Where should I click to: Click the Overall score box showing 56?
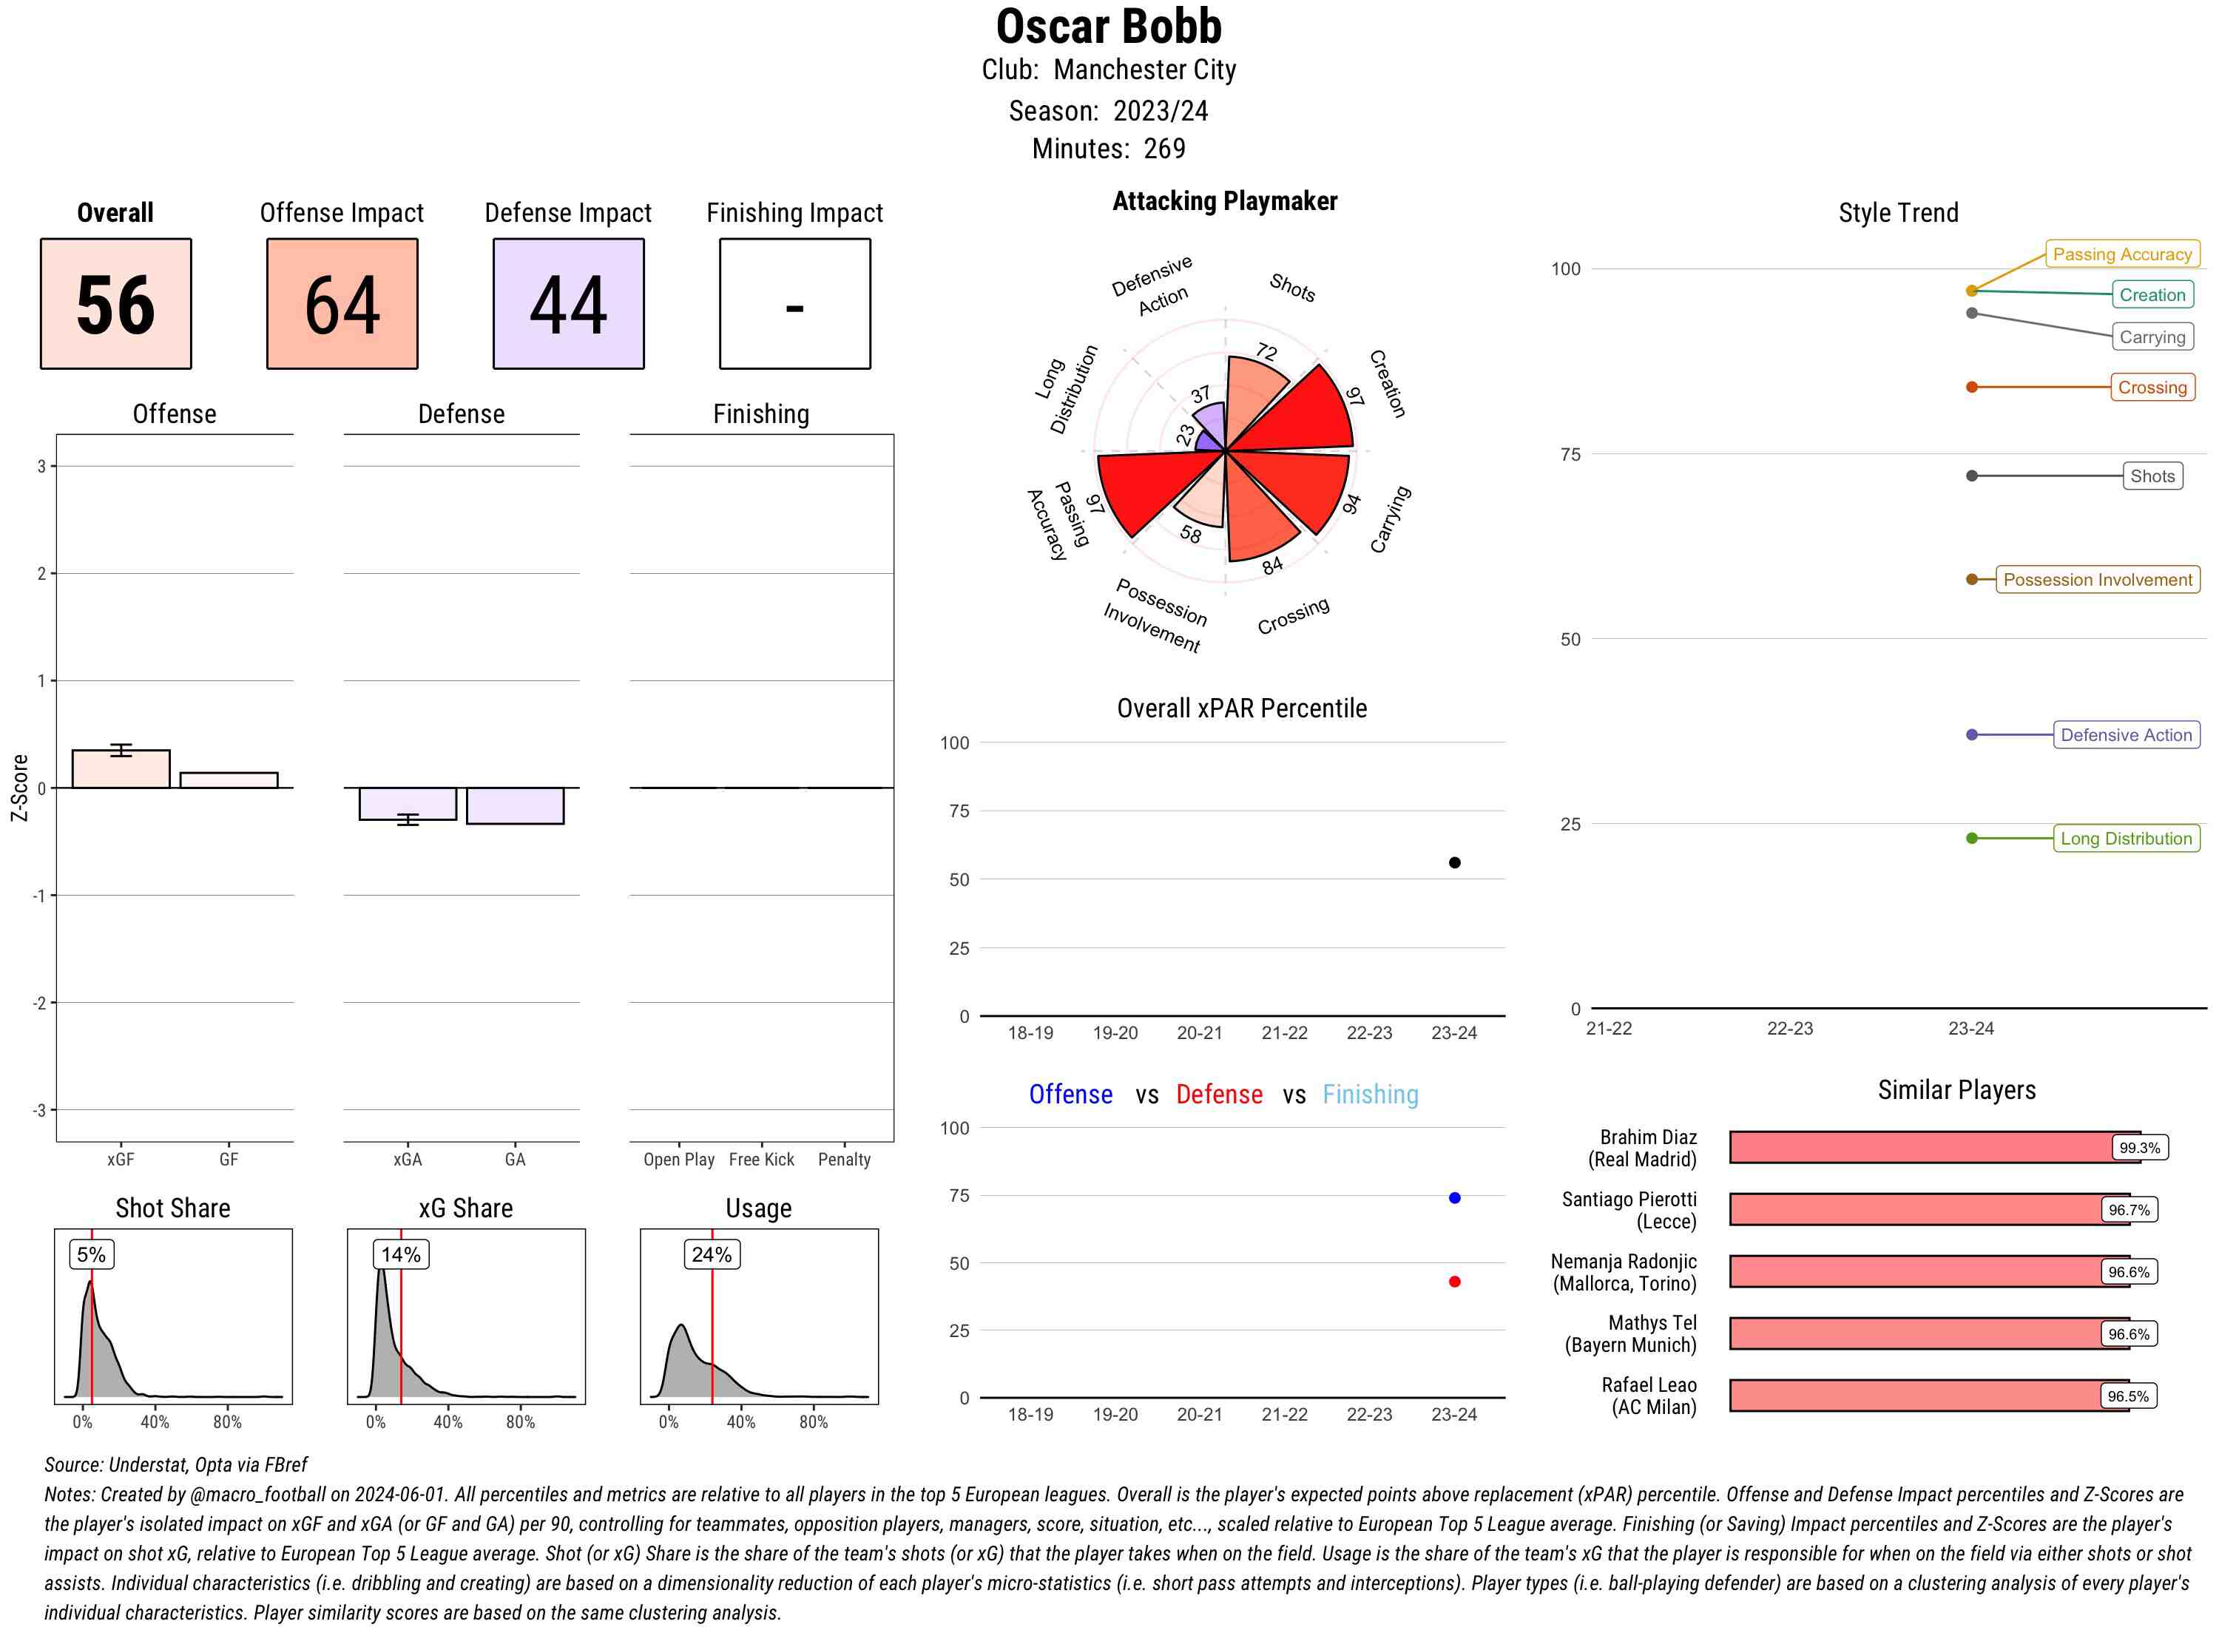[115, 303]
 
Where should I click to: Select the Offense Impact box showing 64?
[342, 303]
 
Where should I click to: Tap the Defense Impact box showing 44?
[568, 303]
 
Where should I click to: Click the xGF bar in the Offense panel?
[121, 769]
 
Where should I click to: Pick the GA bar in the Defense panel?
[515, 805]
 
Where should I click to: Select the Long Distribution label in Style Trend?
[2126, 838]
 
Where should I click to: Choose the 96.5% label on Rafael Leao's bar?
[2127, 1396]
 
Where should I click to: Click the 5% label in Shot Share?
[91, 1255]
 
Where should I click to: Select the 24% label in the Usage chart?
[711, 1255]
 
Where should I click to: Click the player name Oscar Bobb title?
[1108, 27]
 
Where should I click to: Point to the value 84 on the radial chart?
[1271, 565]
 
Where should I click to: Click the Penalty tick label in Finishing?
[844, 1159]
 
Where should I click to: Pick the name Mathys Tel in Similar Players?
[1652, 1322]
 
